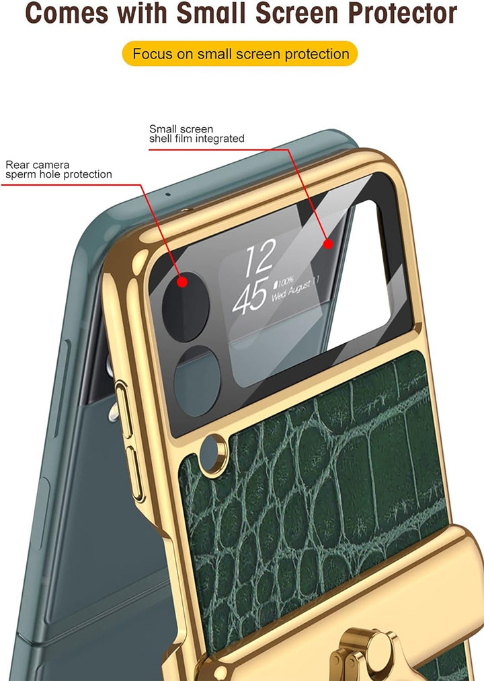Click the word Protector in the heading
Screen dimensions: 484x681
coord(403,13)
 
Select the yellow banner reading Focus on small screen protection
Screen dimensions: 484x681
coord(240,54)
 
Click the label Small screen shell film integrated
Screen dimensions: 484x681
coord(197,134)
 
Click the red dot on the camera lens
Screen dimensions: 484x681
coord(183,283)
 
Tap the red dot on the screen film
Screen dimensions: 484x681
coord(328,244)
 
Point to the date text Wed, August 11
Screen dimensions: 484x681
coord(296,289)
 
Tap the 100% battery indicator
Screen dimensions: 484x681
coord(284,282)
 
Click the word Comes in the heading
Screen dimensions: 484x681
coord(67,13)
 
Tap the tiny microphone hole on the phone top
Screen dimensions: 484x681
coord(168,194)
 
